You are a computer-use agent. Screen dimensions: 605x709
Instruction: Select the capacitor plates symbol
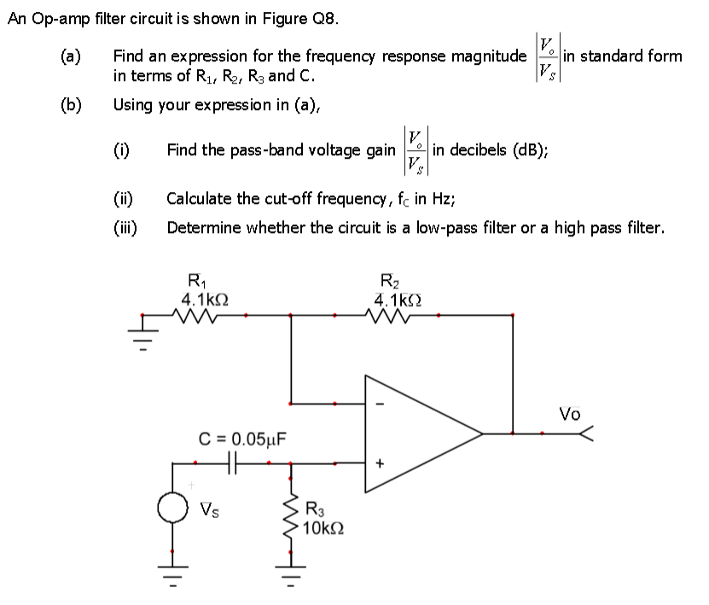click(x=233, y=463)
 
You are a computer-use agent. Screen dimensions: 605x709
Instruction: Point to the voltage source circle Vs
click(x=175, y=509)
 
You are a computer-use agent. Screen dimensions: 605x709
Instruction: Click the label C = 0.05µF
click(x=243, y=440)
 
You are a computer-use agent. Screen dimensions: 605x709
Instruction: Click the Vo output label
click(x=569, y=415)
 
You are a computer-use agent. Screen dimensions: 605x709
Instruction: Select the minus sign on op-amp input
click(x=381, y=404)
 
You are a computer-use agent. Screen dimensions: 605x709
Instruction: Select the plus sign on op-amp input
click(x=381, y=464)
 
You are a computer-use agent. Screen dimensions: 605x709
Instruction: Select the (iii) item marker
click(x=129, y=227)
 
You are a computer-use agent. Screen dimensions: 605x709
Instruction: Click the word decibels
click(x=480, y=150)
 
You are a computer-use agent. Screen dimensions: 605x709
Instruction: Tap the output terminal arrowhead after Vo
click(x=585, y=434)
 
